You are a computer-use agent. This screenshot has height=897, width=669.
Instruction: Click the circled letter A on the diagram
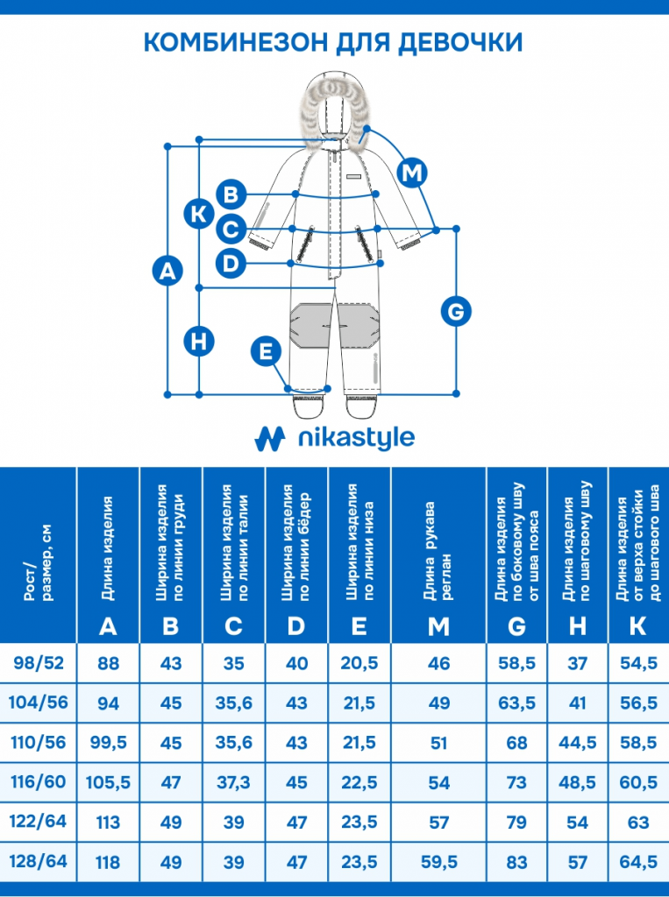pyautogui.click(x=167, y=272)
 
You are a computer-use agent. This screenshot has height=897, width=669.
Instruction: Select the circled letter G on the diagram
pyautogui.click(x=455, y=311)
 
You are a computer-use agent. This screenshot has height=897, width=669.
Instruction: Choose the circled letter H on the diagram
pyautogui.click(x=200, y=342)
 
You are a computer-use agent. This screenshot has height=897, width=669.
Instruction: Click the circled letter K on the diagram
pyautogui.click(x=200, y=213)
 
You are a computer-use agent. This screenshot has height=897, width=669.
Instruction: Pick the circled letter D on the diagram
pyautogui.click(x=231, y=262)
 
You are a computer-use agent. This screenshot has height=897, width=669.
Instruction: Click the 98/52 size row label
pyautogui.click(x=39, y=663)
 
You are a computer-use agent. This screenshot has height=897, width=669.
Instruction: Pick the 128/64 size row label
pyautogui.click(x=39, y=862)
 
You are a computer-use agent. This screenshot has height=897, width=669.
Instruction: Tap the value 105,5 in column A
pyautogui.click(x=108, y=782)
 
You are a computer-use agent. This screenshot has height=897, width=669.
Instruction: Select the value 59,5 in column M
pyautogui.click(x=438, y=862)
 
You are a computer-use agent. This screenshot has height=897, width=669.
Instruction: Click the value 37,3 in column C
pyautogui.click(x=233, y=782)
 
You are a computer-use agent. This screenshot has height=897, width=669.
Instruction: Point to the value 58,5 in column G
pyautogui.click(x=516, y=663)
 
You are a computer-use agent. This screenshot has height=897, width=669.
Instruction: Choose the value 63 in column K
pyautogui.click(x=638, y=823)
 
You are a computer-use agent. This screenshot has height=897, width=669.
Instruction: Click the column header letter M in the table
pyautogui.click(x=438, y=625)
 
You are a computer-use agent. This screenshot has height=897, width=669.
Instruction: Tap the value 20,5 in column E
pyautogui.click(x=359, y=663)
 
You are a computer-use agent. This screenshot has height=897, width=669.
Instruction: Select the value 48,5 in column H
pyautogui.click(x=577, y=782)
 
